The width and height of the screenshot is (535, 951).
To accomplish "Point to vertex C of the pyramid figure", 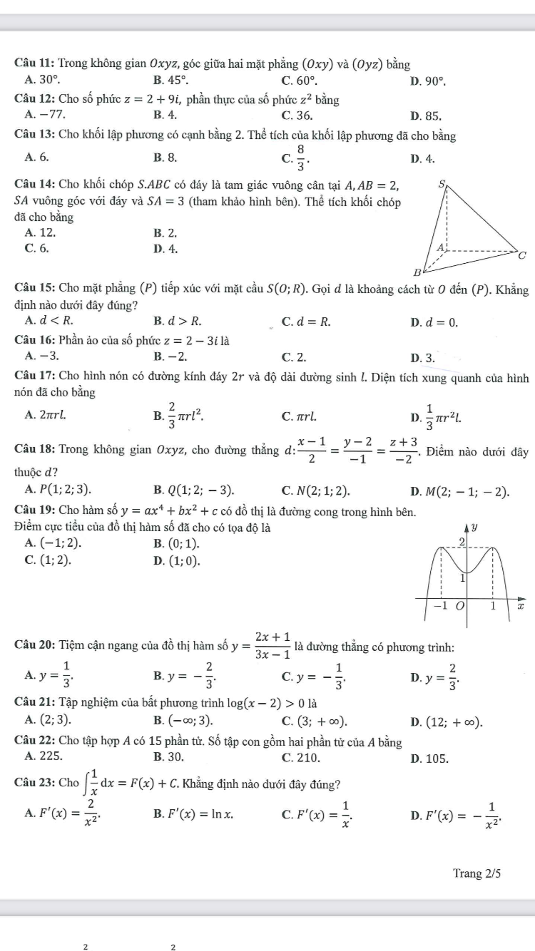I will [522, 255].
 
